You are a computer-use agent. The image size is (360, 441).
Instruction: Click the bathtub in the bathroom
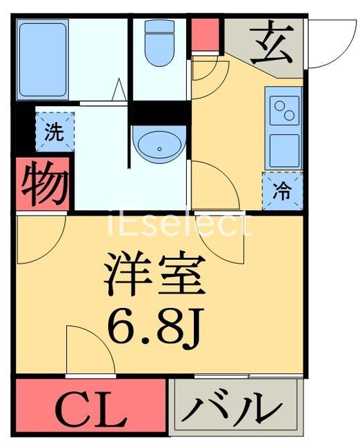click(43, 59)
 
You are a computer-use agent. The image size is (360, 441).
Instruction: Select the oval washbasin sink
click(159, 145)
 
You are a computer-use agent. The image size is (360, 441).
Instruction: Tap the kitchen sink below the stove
click(284, 150)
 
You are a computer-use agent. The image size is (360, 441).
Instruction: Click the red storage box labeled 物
click(43, 184)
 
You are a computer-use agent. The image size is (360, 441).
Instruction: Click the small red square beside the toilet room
click(204, 34)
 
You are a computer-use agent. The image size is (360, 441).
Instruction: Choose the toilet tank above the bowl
click(159, 28)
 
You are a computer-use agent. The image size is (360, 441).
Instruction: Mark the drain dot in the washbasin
click(159, 148)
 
